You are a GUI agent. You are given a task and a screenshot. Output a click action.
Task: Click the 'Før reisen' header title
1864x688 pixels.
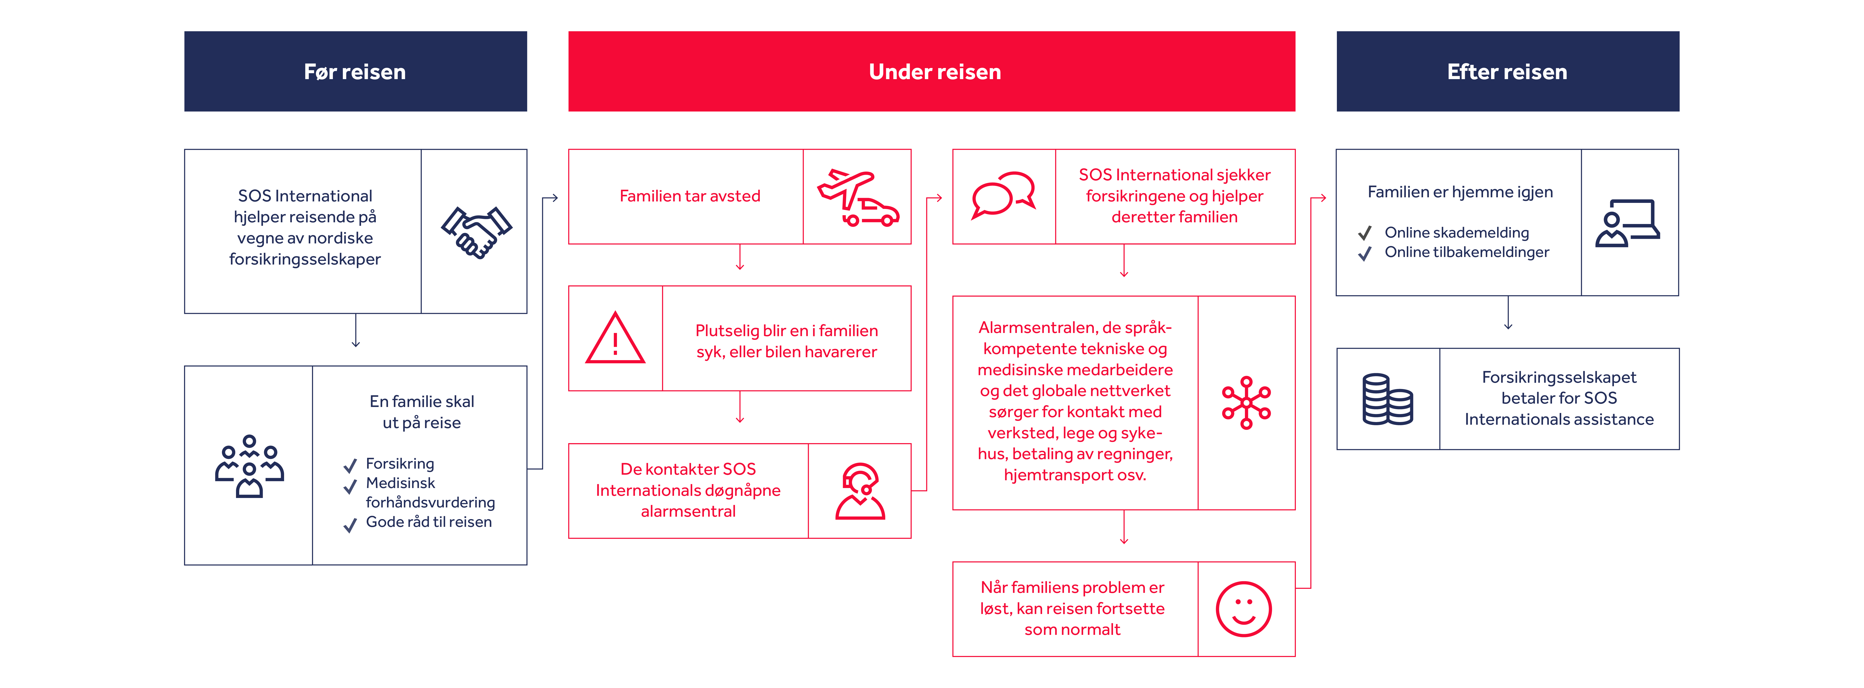tap(354, 72)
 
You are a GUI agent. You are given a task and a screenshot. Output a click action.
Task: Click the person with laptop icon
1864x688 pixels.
tap(1627, 223)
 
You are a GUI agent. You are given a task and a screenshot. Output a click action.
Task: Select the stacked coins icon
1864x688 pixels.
tap(1387, 399)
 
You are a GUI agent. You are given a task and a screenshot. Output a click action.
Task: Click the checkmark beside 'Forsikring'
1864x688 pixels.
tap(350, 465)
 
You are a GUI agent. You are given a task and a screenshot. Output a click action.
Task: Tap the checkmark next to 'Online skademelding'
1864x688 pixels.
tap(1365, 233)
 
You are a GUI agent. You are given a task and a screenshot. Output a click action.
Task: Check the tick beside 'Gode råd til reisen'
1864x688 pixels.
tap(350, 525)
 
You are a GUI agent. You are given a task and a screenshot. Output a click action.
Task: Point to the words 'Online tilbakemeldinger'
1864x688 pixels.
tap(1467, 252)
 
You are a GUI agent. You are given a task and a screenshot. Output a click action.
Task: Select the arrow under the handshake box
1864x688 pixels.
tap(355, 331)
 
